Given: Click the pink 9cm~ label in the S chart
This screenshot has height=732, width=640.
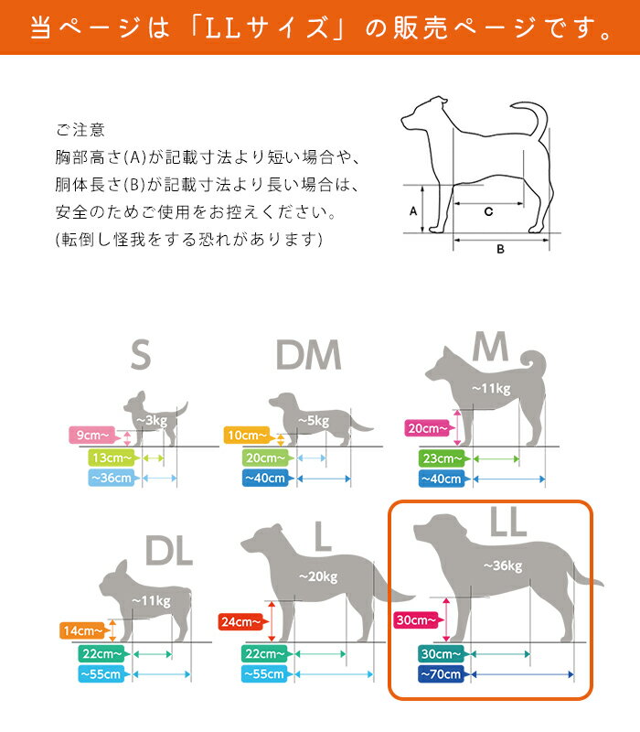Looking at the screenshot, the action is coord(92,436).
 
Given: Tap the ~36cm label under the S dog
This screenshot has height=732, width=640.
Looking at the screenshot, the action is coord(111,478).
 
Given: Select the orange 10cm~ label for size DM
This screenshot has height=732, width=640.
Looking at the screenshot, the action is coord(247,436).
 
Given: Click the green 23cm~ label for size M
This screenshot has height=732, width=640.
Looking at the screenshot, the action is coord(442,458).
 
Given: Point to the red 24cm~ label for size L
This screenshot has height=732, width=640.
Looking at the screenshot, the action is coord(241,621).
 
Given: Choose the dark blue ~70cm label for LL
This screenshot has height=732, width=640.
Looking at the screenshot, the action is coord(441,674).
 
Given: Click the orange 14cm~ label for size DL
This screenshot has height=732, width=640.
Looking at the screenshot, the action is coord(82,630).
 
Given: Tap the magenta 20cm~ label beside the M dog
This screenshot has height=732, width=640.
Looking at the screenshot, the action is coord(427,428).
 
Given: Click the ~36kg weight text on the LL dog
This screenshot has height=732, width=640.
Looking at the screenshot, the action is coord(503,565).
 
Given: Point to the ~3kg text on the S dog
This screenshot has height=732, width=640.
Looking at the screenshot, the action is coord(152,421).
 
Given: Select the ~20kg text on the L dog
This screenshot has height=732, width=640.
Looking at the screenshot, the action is coord(318,577).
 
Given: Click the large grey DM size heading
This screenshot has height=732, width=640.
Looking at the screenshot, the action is coord(308,355).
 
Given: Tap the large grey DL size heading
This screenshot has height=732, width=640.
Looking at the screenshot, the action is coord(169,551).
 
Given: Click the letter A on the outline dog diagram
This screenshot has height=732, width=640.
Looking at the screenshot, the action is coord(413,211).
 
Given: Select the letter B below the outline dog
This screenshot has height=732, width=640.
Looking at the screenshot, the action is coord(500,249).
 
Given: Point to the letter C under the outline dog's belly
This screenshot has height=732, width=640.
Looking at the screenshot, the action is coord(488,212).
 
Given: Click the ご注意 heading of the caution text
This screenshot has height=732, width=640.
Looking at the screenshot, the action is coord(80,130).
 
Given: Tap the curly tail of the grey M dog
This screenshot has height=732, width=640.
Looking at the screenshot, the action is coord(534,361).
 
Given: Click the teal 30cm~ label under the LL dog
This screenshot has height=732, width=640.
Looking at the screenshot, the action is coord(441,654).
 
